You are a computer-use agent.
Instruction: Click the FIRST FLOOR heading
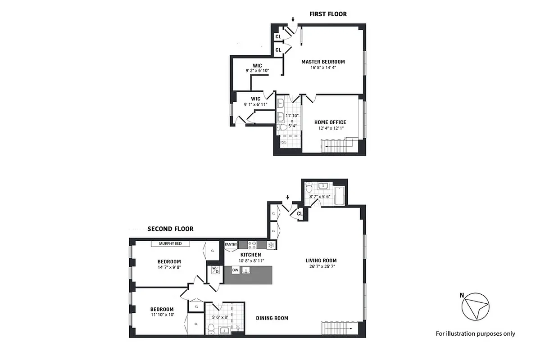coord(328,14)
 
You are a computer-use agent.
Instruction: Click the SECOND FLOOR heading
coord(170,229)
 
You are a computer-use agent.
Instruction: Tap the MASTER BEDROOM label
coord(323,62)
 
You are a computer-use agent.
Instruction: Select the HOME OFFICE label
coord(330,122)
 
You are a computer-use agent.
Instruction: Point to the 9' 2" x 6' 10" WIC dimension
coord(257,71)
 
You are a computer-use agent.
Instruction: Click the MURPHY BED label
coord(170,244)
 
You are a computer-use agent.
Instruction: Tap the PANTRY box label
coord(231,245)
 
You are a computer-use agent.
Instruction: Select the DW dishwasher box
coord(235,270)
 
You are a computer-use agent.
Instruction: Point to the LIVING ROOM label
coord(321,261)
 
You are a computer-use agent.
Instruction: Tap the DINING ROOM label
coord(272,318)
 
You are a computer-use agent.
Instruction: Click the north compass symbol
coord(475,308)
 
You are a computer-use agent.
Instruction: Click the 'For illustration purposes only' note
coord(475,333)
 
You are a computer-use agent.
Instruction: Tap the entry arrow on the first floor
coord(293,20)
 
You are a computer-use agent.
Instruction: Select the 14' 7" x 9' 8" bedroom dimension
coord(169,267)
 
